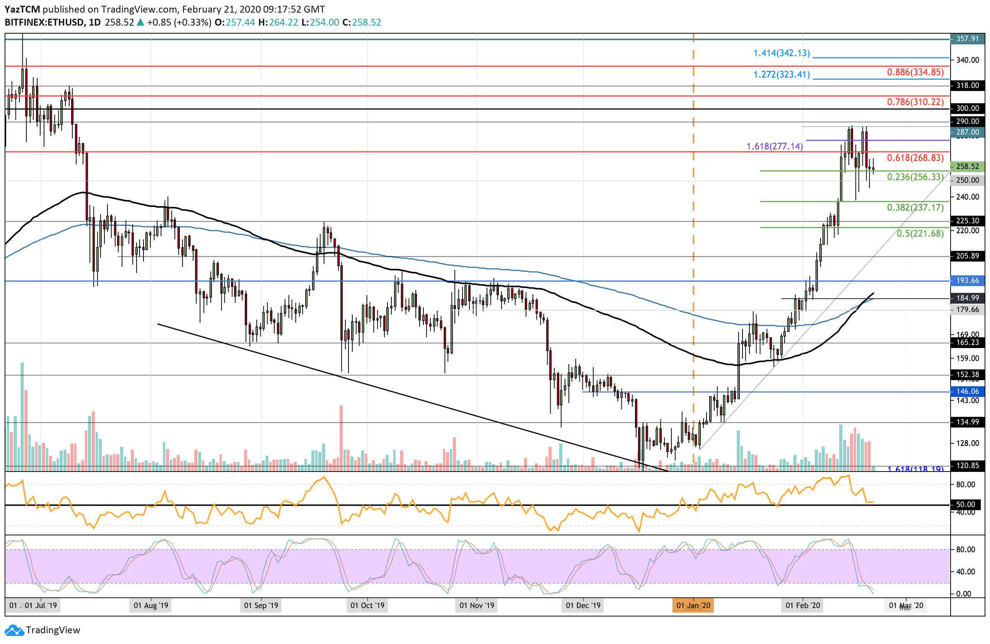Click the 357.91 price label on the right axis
pyautogui.click(x=967, y=39)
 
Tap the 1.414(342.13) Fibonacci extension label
pyautogui.click(x=782, y=53)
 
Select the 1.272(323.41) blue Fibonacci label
pyautogui.click(x=782, y=75)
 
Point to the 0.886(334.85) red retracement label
pyautogui.click(x=915, y=72)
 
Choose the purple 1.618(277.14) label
pyautogui.click(x=775, y=147)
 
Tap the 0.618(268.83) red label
pyautogui.click(x=915, y=158)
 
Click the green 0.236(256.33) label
pyautogui.click(x=915, y=177)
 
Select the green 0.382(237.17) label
pyautogui.click(x=915, y=208)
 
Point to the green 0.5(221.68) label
pyautogui.click(x=920, y=234)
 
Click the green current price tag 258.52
pyautogui.click(x=967, y=166)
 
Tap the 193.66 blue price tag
pyautogui.click(x=967, y=281)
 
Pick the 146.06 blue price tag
pyautogui.click(x=967, y=391)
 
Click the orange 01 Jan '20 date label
pyautogui.click(x=693, y=605)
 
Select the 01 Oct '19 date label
pyautogui.click(x=367, y=605)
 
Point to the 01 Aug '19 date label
pyautogui.click(x=151, y=605)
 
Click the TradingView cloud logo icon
pyautogui.click(x=14, y=630)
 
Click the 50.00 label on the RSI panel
pyautogui.click(x=966, y=505)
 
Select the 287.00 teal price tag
pyautogui.click(x=967, y=132)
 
